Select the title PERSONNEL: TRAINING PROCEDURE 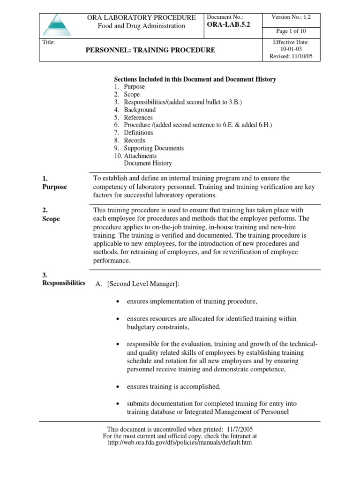(151, 50)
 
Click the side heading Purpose (54, 187)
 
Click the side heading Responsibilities (64, 283)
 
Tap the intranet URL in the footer (180, 442)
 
